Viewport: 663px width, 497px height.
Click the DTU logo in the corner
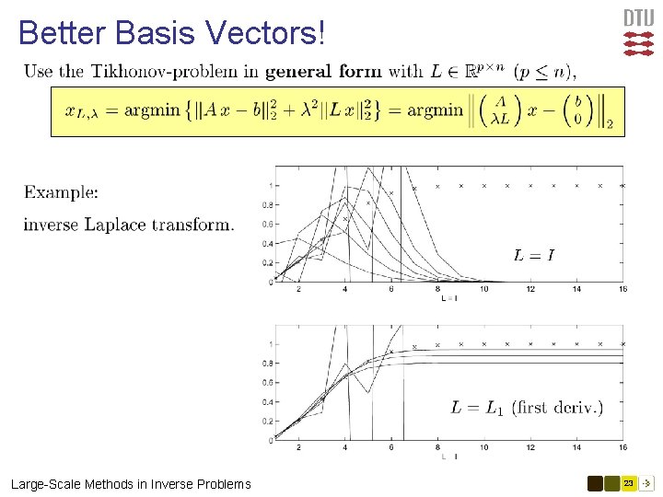pyautogui.click(x=638, y=32)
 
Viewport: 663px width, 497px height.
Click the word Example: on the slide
pyautogui.click(x=61, y=192)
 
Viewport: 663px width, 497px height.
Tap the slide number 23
pyautogui.click(x=628, y=483)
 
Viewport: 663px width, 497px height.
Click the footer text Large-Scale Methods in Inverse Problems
pyautogui.click(x=131, y=484)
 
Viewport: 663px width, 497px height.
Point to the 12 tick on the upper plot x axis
pyautogui.click(x=531, y=290)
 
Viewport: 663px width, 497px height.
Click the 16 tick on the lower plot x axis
pyautogui.click(x=623, y=448)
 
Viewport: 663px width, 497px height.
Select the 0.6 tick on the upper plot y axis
pyautogui.click(x=267, y=224)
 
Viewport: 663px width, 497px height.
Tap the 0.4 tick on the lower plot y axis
pyautogui.click(x=267, y=402)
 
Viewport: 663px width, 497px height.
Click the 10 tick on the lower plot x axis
pyautogui.click(x=484, y=448)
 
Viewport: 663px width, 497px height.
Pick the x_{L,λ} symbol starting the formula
pyautogui.click(x=83, y=112)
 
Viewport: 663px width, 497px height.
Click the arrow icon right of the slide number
pyautogui.click(x=647, y=483)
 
